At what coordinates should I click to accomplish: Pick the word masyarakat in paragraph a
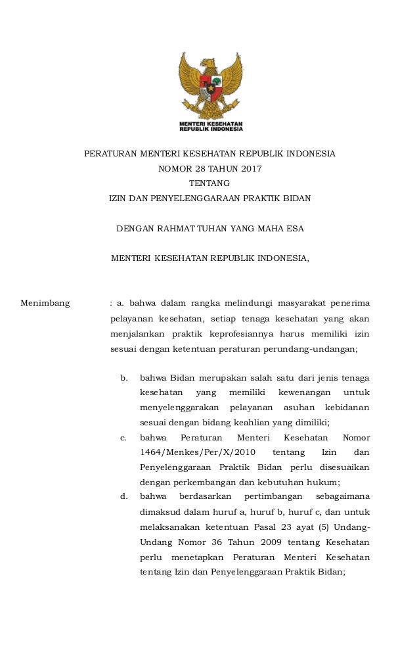point(301,303)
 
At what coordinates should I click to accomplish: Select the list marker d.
point(123,496)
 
